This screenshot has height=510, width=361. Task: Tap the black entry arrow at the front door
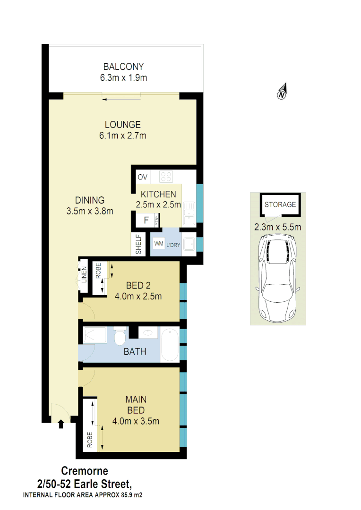60,424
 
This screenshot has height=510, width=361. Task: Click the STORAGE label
280,204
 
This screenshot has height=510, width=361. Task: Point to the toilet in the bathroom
120,338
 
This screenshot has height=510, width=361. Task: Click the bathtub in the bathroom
170,345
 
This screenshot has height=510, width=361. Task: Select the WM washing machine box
158,243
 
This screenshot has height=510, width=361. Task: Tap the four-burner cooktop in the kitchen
166,177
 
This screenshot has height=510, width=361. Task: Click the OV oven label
143,177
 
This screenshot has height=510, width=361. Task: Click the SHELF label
139,245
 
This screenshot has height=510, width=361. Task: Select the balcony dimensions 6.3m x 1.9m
123,77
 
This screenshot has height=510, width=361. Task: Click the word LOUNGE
123,125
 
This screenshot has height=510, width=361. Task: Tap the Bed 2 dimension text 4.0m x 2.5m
138,297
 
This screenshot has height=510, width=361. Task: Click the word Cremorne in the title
85,471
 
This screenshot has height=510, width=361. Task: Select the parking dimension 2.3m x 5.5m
278,227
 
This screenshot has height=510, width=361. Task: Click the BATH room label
135,351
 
